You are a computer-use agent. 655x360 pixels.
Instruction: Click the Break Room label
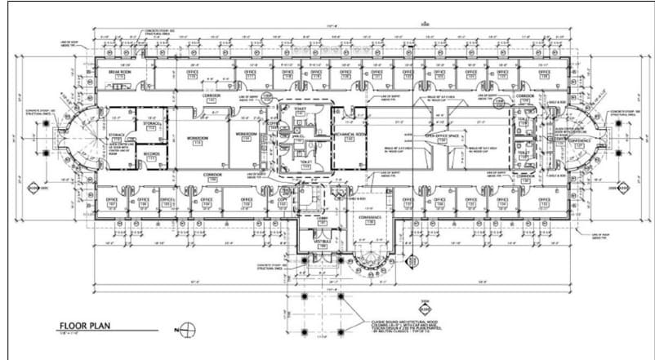121,73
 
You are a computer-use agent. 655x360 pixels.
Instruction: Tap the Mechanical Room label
349,136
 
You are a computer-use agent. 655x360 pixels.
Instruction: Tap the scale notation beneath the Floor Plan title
69,336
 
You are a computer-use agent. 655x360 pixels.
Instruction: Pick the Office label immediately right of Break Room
193,73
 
